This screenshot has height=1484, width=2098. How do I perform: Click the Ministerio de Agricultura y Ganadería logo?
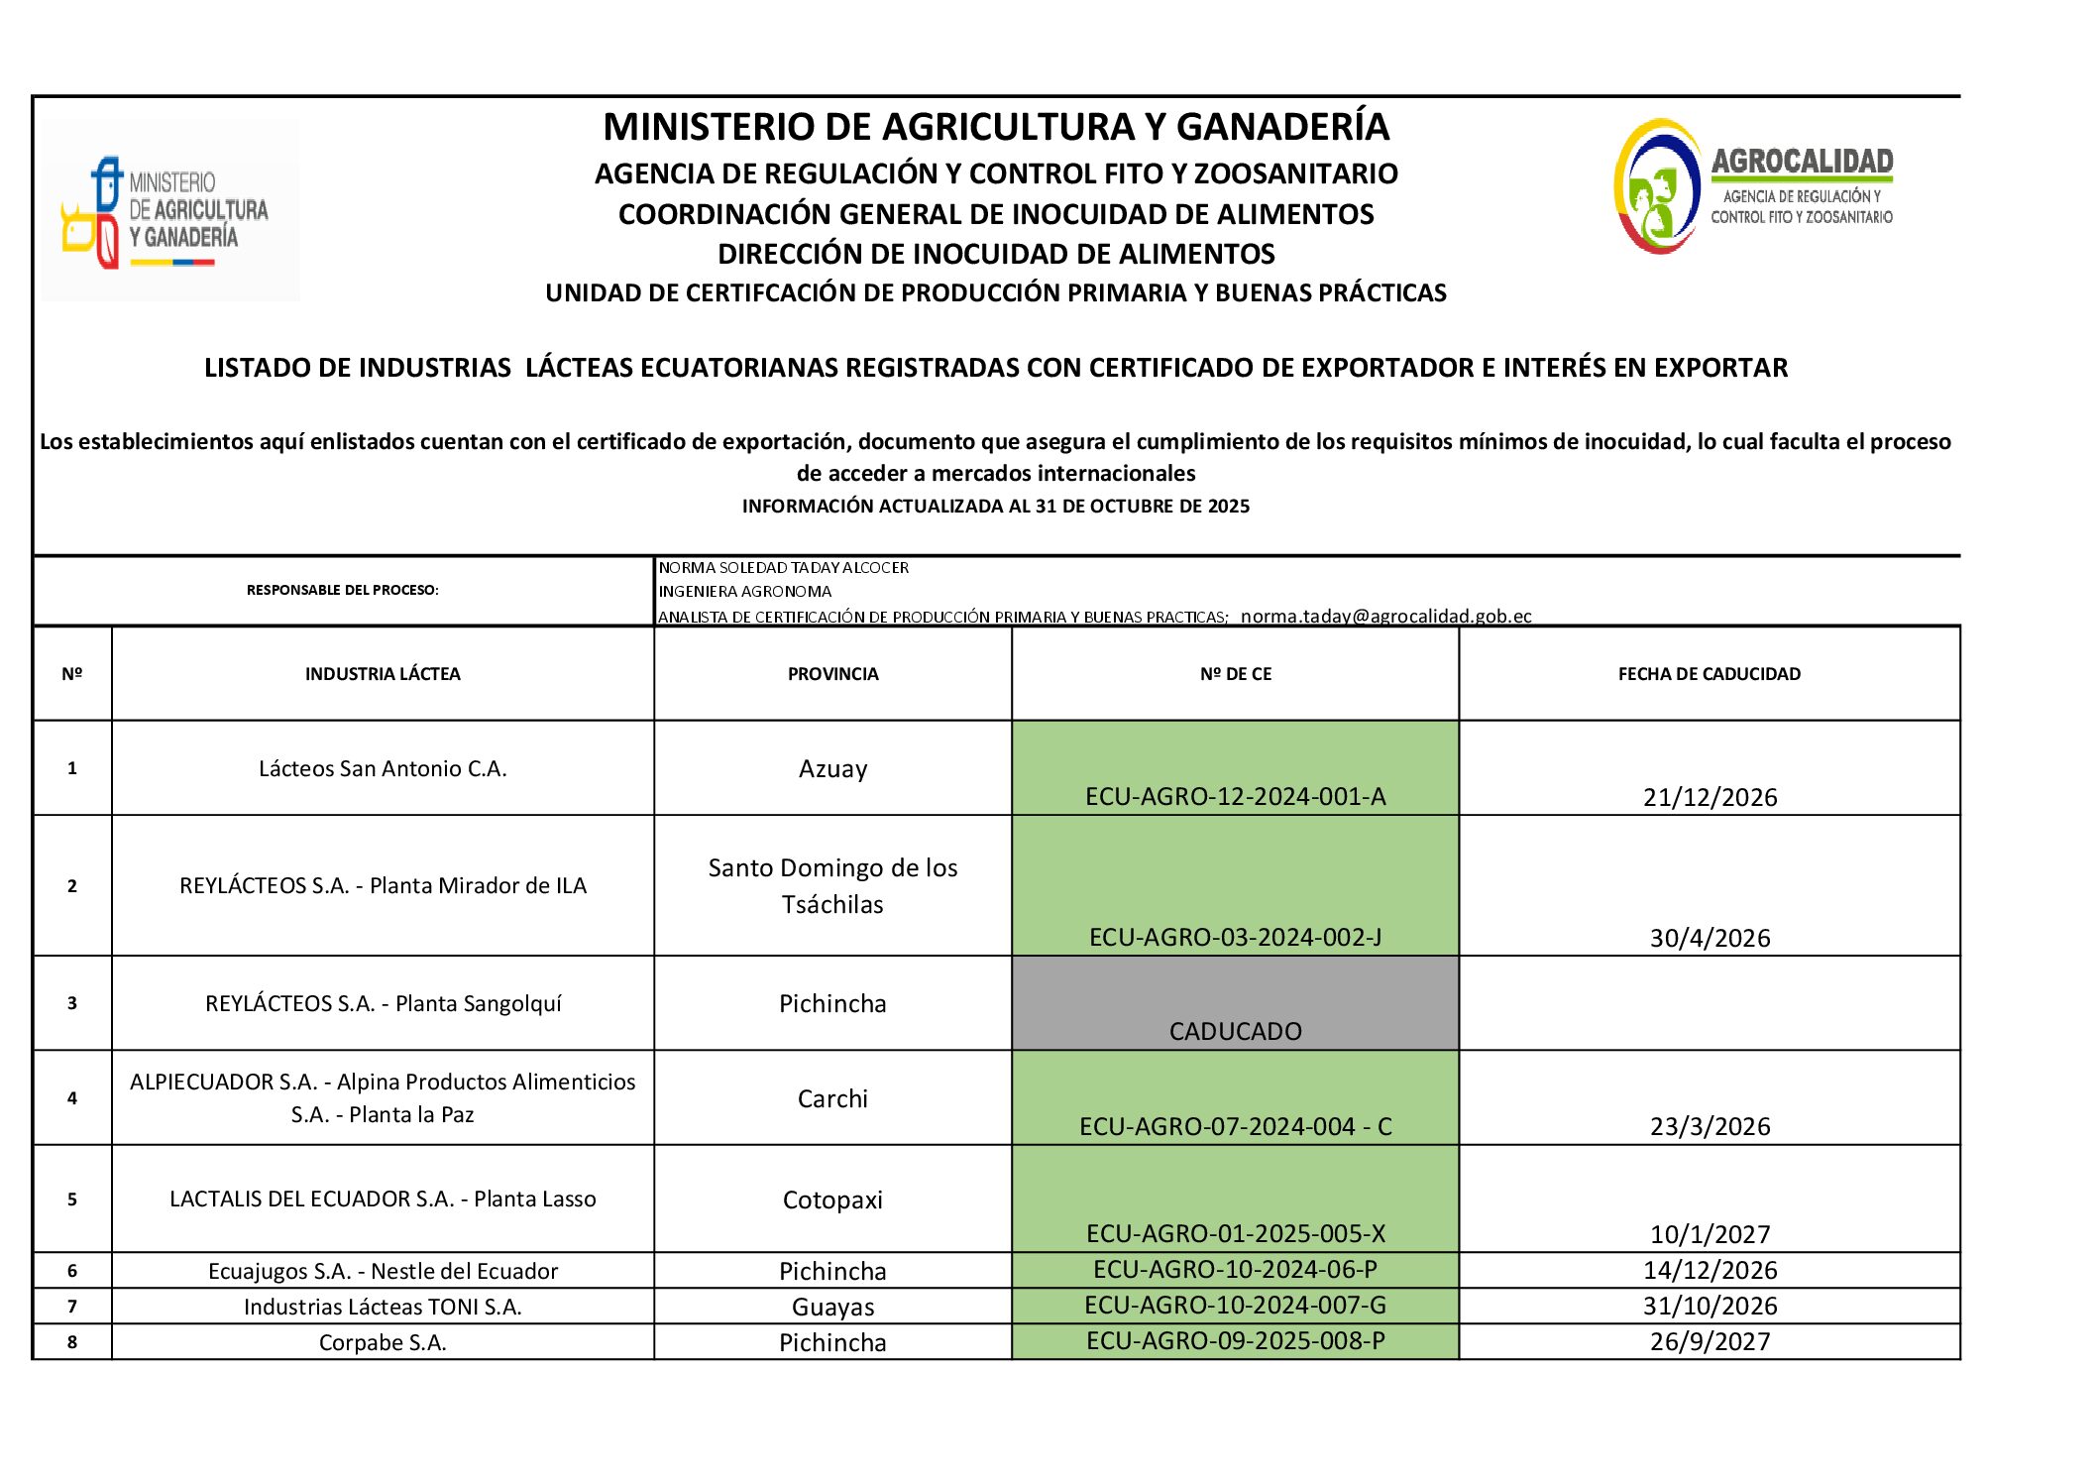[x=168, y=210]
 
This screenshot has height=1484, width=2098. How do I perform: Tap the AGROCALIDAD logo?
[x=1752, y=186]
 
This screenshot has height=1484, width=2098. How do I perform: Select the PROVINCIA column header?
[x=832, y=674]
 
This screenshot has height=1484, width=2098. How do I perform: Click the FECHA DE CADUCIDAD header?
[x=1709, y=674]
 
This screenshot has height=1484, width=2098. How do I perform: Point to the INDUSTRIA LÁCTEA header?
[x=383, y=674]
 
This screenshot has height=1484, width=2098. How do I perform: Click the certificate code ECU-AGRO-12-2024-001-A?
[x=1235, y=797]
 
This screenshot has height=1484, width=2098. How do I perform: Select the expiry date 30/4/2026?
[x=1710, y=938]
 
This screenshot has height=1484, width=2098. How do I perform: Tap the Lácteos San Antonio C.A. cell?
[x=383, y=769]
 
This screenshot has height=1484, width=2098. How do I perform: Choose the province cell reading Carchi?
[x=832, y=1098]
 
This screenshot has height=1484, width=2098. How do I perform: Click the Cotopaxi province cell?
[x=832, y=1199]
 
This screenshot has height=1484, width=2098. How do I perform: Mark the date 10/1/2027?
[x=1710, y=1234]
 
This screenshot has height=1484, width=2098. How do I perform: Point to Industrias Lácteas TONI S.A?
[x=383, y=1307]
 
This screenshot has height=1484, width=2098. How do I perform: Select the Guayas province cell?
[x=832, y=1307]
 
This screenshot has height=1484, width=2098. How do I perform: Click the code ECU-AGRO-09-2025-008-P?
[x=1235, y=1341]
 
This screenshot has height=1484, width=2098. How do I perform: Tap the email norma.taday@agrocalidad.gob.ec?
[x=1385, y=616]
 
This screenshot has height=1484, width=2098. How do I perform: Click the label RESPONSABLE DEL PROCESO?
[x=342, y=590]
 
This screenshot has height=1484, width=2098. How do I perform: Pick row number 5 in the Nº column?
[x=72, y=1199]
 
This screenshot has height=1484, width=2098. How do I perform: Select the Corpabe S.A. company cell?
[x=383, y=1342]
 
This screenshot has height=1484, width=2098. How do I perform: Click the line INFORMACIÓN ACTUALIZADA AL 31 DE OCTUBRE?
[x=995, y=507]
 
